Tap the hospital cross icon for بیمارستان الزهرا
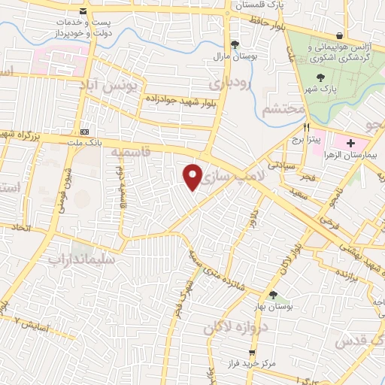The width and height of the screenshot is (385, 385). point(351,142)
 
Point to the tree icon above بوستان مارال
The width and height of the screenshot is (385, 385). point(235,44)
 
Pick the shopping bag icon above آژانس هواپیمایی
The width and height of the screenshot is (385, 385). point(340,35)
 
